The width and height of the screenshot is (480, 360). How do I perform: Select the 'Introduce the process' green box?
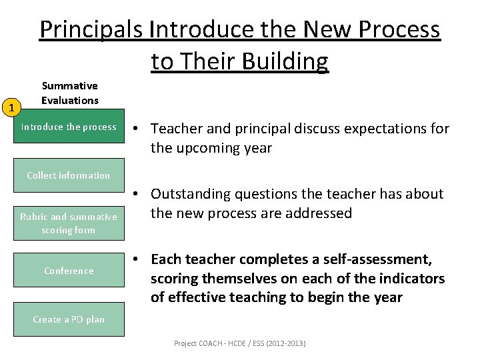click(x=69, y=127)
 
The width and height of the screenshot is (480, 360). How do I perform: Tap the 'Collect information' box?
click(x=69, y=175)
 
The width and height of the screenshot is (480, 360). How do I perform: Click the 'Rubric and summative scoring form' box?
click(x=69, y=223)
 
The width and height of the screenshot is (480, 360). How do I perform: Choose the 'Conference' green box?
click(x=69, y=271)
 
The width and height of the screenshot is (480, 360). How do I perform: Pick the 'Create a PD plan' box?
click(x=69, y=319)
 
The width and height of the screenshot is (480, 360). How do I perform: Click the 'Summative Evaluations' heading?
click(x=69, y=93)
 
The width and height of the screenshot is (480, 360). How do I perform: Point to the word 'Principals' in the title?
click(x=91, y=30)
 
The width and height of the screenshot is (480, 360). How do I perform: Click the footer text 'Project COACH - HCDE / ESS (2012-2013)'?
click(x=239, y=343)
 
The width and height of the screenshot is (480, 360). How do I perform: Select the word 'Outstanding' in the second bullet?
click(x=190, y=194)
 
